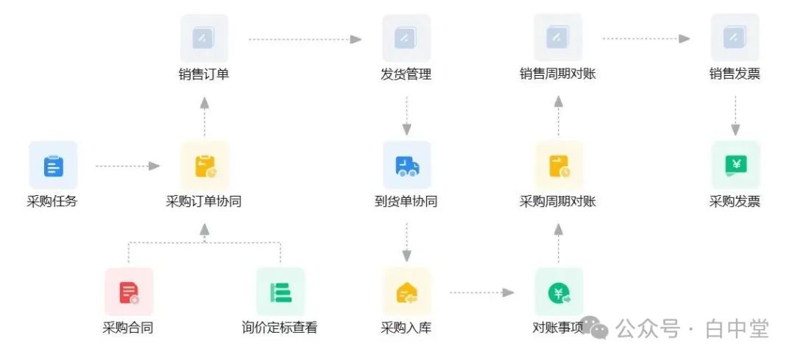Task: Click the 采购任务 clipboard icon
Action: click(x=53, y=165)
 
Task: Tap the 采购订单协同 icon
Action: click(x=205, y=166)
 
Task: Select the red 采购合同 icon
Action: click(x=129, y=292)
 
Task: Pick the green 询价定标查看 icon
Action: click(x=280, y=292)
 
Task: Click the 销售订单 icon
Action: click(x=204, y=38)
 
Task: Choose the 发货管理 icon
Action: click(x=406, y=38)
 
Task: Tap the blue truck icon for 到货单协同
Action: click(x=406, y=166)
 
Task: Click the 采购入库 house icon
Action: click(x=406, y=292)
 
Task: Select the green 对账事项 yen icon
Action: click(x=559, y=292)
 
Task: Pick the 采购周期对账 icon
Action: click(x=559, y=166)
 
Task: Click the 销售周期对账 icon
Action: click(x=558, y=38)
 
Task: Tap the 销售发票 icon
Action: click(x=735, y=38)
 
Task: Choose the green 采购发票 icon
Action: click(x=735, y=165)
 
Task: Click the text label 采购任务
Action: click(x=52, y=201)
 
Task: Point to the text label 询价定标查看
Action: click(x=280, y=328)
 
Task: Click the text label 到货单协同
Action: click(x=406, y=201)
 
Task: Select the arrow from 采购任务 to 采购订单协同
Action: click(x=128, y=166)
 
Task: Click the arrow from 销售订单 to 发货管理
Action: click(x=305, y=39)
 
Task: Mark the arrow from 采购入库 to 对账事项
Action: click(x=482, y=293)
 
